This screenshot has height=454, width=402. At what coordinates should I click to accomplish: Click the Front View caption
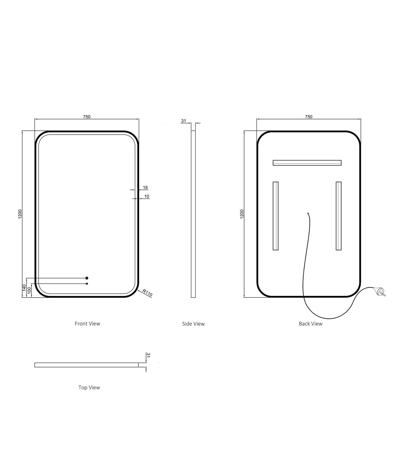[88, 324]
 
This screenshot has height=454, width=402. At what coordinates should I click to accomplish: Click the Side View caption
[193, 324]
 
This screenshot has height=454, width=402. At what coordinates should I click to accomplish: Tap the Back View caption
[311, 324]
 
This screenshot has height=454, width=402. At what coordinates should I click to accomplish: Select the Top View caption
[89, 388]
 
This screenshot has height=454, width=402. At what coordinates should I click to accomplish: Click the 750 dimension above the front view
[87, 117]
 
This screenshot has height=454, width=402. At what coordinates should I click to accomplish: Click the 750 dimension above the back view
[309, 117]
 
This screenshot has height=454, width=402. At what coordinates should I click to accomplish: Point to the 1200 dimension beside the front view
[20, 214]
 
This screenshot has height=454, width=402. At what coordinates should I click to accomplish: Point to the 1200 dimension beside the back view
[242, 214]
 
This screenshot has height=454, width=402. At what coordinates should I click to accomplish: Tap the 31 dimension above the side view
[183, 121]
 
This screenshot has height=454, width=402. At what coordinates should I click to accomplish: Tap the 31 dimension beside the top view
[148, 355]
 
